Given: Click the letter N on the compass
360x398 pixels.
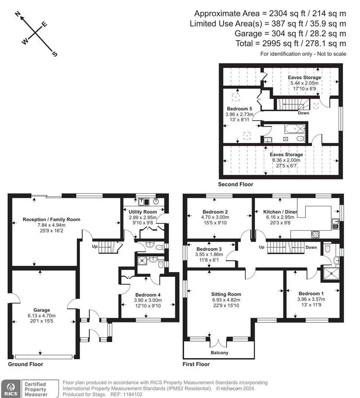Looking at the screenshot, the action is (18, 14).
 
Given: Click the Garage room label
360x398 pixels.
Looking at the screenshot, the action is (42, 310).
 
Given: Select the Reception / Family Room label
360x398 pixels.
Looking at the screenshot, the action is (51, 219).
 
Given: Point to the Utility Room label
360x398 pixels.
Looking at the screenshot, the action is (142, 212).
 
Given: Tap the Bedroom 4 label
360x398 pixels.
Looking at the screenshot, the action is (148, 295).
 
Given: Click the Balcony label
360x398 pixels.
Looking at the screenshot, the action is (219, 353).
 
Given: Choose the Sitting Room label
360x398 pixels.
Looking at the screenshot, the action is (226, 294).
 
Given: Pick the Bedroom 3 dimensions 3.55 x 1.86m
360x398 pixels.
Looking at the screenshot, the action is (209, 254).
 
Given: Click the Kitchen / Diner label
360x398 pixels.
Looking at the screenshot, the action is (280, 212).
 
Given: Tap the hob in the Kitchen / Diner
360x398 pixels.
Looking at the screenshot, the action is (315, 234).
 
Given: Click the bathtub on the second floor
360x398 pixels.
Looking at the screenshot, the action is (295, 129).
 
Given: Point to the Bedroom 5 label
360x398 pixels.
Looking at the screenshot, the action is (239, 109).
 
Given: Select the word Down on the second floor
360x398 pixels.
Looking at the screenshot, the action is (303, 113).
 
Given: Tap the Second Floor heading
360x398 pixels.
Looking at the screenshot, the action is (235, 184).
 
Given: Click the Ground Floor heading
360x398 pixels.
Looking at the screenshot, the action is (25, 364).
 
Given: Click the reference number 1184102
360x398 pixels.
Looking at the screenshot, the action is (133, 394).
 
